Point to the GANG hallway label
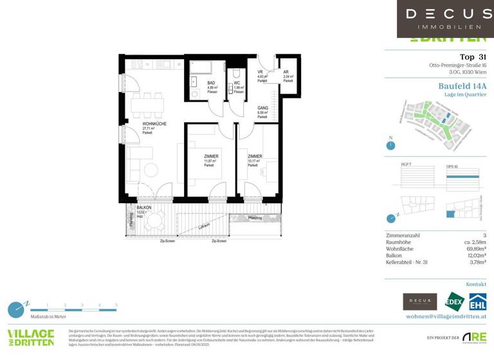pos(262,109)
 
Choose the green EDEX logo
pos(453,301)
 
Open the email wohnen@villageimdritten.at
pos(446,317)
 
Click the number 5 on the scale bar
pos(116,304)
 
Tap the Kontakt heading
pos(476,284)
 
